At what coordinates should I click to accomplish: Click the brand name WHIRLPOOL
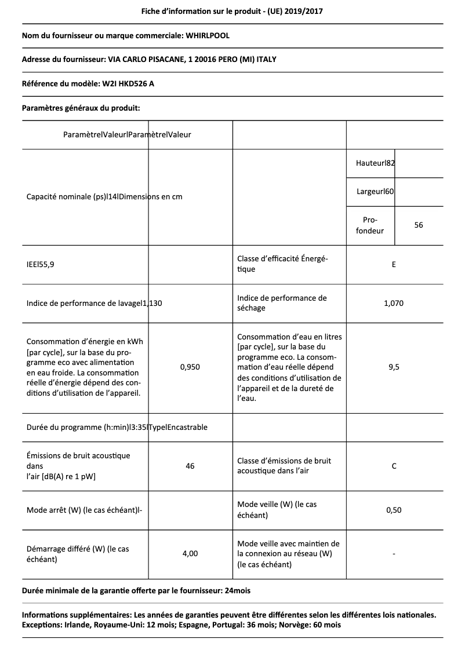click(x=208, y=35)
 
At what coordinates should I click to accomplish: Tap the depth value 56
click(x=419, y=225)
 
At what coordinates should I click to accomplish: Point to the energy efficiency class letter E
click(x=394, y=265)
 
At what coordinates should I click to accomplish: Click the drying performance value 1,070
click(x=394, y=303)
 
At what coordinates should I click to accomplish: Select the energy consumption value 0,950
click(x=190, y=367)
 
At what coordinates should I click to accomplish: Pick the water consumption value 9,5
click(x=394, y=367)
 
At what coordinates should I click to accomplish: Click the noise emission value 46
click(x=190, y=466)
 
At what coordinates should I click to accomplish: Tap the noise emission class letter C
click(x=394, y=466)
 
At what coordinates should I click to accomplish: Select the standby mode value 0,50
click(x=394, y=510)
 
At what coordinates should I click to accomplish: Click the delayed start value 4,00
click(x=190, y=554)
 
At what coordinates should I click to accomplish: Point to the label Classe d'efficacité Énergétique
click(x=282, y=264)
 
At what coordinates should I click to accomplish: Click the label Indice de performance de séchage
click(x=282, y=303)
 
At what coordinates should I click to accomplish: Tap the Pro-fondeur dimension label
click(x=370, y=225)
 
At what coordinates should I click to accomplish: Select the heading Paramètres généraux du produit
click(x=81, y=108)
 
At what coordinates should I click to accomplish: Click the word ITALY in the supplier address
click(x=273, y=60)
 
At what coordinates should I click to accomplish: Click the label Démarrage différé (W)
click(x=78, y=554)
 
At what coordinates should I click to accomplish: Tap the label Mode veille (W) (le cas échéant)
click(x=277, y=510)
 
